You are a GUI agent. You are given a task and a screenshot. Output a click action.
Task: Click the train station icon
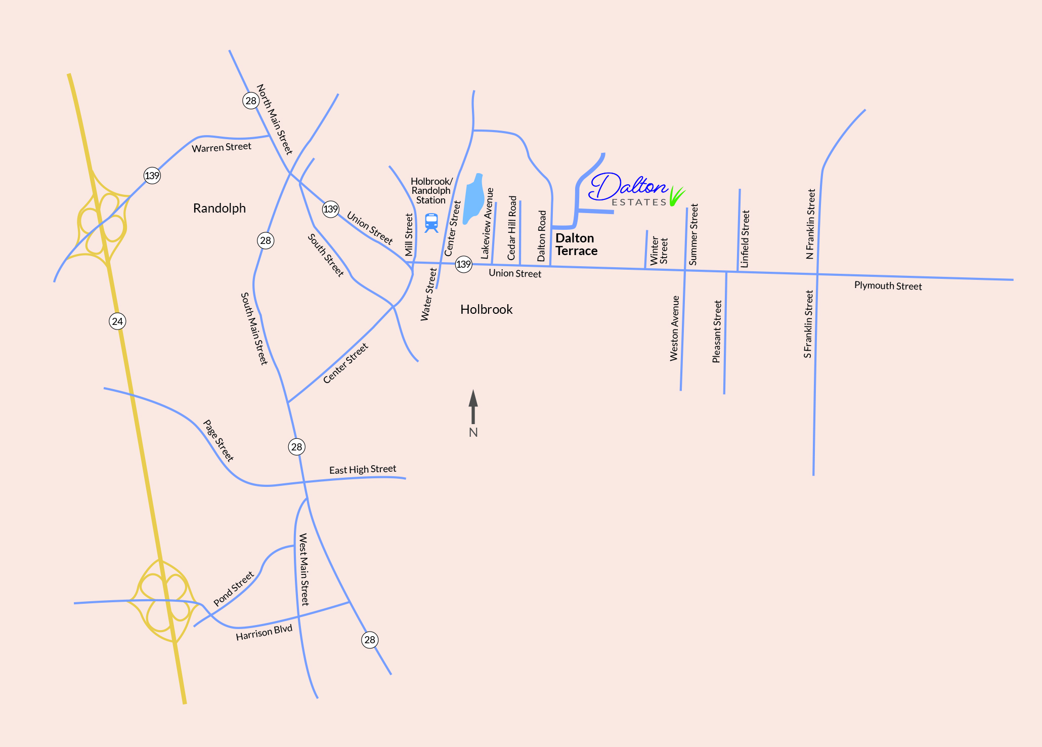431,222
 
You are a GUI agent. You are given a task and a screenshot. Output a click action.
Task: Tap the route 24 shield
117,321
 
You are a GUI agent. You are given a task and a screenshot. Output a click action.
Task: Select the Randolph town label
219,208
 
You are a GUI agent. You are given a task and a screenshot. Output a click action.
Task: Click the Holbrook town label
486,309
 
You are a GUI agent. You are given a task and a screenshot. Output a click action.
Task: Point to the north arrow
473,407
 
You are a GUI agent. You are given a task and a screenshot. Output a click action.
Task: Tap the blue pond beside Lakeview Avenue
474,197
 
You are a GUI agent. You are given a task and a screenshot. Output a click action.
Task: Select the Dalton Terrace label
576,244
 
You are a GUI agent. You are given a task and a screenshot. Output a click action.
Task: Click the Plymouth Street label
888,286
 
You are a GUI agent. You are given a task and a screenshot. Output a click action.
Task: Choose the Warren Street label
221,147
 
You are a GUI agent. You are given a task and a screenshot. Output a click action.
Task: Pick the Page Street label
218,440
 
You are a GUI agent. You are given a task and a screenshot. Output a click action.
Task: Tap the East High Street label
362,470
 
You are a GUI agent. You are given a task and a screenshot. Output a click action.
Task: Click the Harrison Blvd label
264,633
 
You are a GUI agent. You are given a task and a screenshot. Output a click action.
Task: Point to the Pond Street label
233,589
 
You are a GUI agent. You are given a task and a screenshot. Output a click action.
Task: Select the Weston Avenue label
674,328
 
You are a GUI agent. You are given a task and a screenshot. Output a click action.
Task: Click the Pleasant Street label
717,331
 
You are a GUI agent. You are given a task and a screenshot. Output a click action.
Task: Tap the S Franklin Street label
808,324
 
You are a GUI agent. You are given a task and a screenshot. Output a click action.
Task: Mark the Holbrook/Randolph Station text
431,191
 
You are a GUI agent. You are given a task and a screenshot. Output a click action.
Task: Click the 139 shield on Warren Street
152,176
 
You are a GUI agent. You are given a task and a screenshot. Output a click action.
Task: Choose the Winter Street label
659,251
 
